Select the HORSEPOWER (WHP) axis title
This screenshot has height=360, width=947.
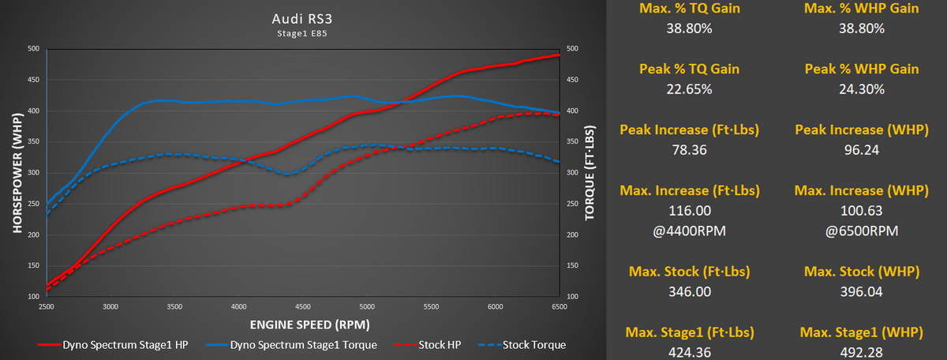click(x=17, y=172)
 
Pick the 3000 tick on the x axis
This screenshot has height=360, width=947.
click(x=110, y=306)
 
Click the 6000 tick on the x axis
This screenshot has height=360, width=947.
click(x=496, y=306)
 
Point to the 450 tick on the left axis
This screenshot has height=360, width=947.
click(x=33, y=80)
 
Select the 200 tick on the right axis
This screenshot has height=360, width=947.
click(x=574, y=234)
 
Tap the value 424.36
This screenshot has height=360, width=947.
click(x=690, y=352)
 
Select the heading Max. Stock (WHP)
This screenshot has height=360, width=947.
click(x=861, y=272)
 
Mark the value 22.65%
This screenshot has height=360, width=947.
click(x=690, y=88)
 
